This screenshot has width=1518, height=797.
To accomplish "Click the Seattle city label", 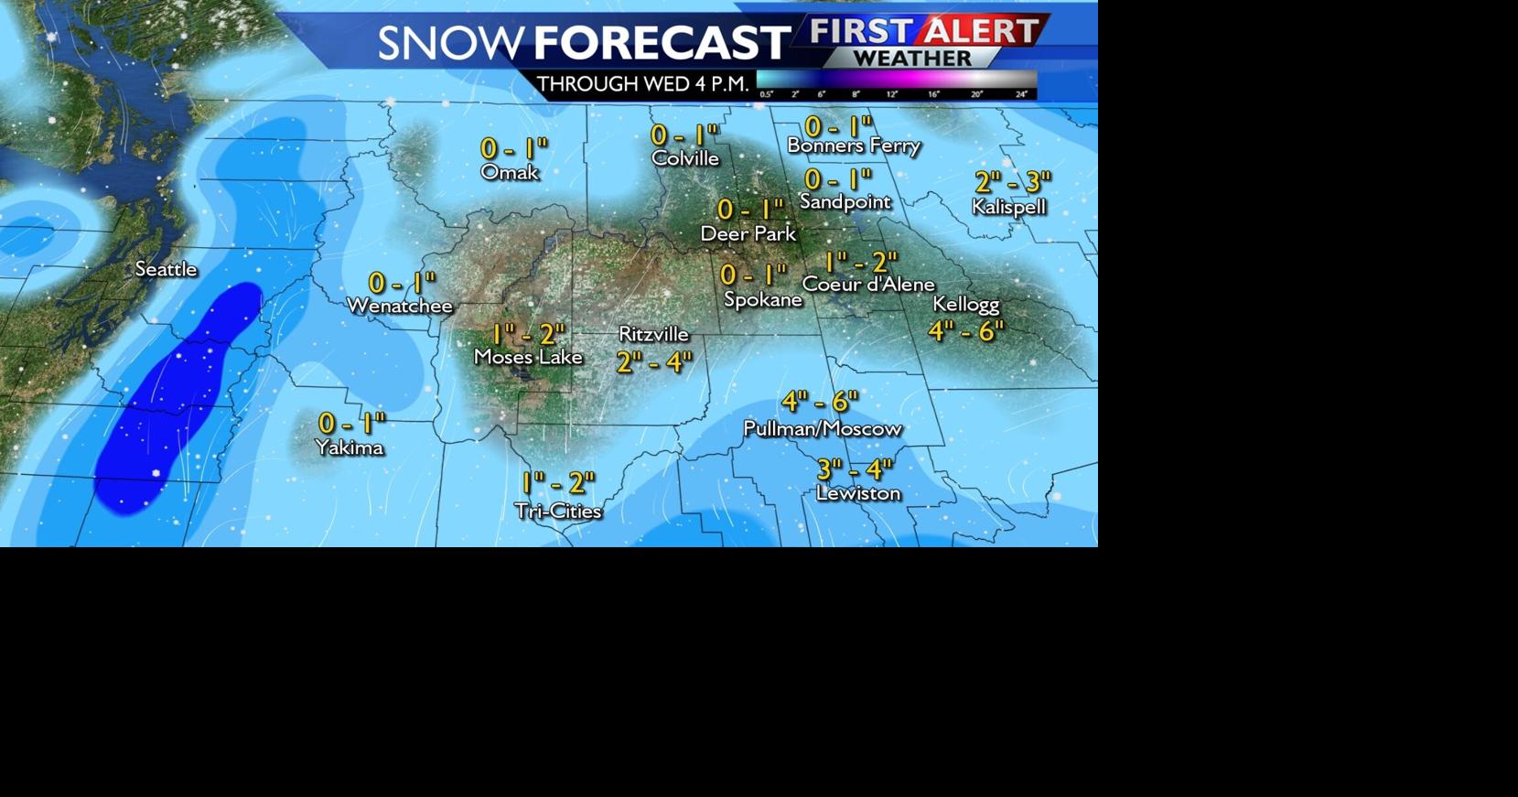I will (166, 269).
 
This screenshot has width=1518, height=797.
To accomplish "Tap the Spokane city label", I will (762, 299).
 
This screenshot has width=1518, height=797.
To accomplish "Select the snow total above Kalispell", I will (1012, 182).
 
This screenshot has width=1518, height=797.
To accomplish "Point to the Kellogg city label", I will (965, 304).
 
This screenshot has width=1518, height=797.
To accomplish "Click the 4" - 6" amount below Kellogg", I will (965, 330).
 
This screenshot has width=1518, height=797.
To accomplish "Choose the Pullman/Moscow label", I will (822, 428).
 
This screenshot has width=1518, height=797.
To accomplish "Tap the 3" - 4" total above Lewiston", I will (854, 469).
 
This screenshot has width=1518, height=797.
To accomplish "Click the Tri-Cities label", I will (557, 511).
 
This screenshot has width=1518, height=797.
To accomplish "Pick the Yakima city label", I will (349, 447).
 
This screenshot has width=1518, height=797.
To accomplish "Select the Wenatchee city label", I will (400, 306).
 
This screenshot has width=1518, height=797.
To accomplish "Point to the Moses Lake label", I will (528, 357).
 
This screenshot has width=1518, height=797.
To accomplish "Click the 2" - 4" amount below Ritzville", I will (653, 362).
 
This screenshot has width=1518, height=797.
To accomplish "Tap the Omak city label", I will (510, 172).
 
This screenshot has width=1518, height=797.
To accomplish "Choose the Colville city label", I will (684, 158).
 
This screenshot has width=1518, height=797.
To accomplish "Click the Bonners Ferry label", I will (853, 145).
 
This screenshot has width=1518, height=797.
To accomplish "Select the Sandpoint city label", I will (845, 201).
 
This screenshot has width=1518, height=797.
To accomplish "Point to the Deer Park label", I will (748, 233).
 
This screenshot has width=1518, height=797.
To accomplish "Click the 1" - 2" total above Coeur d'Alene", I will (860, 263).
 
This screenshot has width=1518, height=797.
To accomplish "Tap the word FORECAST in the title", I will (661, 43).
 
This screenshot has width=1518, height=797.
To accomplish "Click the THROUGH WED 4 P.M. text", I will (642, 84).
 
